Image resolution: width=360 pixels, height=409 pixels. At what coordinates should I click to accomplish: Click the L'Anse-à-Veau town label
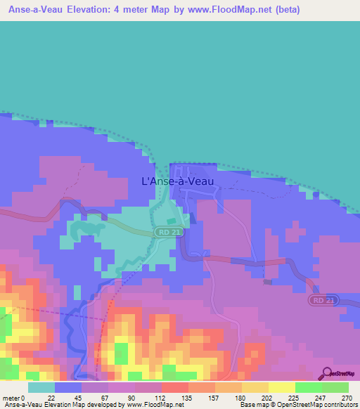tap(177, 181)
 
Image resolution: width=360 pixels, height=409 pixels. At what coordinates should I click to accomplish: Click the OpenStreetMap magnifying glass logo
tap(327, 373)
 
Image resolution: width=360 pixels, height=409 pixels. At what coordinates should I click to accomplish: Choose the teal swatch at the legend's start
tap(41, 387)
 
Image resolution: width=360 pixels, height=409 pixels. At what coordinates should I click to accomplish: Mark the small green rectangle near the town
tap(172, 222)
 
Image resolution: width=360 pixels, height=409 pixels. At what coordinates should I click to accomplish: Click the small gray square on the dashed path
tap(267, 282)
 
